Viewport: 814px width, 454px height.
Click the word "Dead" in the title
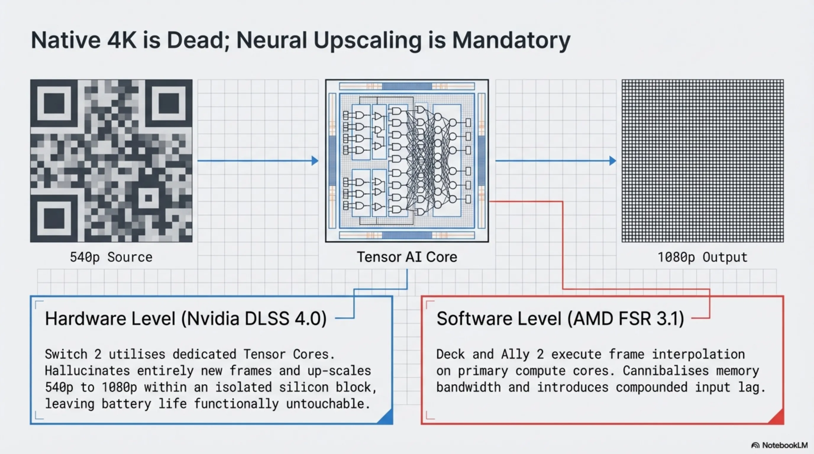(x=196, y=40)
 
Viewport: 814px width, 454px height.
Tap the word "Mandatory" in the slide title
(x=511, y=40)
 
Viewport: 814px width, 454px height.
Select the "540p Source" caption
(x=111, y=257)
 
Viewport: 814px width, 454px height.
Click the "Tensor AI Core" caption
(x=407, y=257)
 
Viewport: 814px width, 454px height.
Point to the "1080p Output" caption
(x=702, y=257)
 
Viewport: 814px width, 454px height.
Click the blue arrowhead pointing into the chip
(x=315, y=161)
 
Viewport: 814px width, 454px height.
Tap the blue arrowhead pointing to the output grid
(x=613, y=161)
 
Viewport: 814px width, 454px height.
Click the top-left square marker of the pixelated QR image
(x=54, y=103)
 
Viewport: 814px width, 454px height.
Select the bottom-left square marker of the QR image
(x=54, y=218)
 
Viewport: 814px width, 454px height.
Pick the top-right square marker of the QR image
(x=169, y=103)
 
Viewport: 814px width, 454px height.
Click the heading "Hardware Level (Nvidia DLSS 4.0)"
(x=186, y=318)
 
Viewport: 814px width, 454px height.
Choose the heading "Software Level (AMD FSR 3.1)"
(x=560, y=318)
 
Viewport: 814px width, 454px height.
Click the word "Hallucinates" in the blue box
(x=87, y=371)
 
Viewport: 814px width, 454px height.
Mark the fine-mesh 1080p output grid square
(x=702, y=161)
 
